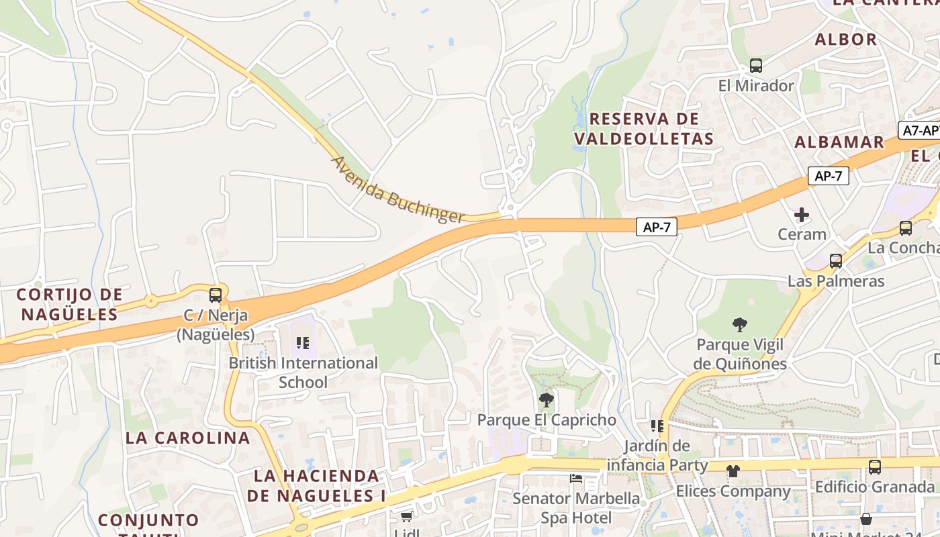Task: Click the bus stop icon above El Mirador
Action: [756, 66]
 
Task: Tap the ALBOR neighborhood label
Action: [846, 40]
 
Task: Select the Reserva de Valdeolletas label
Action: [644, 129]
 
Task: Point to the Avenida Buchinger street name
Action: [397, 190]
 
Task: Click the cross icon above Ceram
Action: [802, 215]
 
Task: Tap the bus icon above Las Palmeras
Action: [836, 260]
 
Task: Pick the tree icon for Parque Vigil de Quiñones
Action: [739, 325]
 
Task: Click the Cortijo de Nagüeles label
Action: [69, 304]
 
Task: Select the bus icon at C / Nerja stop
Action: [216, 295]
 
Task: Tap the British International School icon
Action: [303, 343]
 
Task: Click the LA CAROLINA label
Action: [187, 438]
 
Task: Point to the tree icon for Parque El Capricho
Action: [547, 400]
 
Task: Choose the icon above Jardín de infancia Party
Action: [657, 426]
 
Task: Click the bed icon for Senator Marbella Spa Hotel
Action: [576, 479]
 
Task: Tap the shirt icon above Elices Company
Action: [733, 471]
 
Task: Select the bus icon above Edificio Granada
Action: [874, 467]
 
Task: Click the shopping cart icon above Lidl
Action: [406, 516]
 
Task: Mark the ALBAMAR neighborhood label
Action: [839, 142]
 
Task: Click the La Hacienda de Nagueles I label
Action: [316, 485]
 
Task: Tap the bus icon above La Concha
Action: [906, 228]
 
